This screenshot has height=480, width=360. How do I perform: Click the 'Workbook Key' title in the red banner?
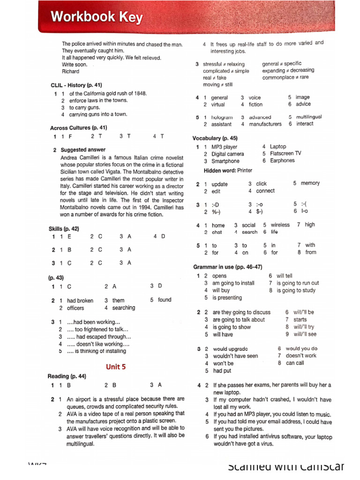pyautogui.click(x=97, y=17)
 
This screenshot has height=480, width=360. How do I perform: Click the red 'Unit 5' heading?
pyautogui.click(x=115, y=367)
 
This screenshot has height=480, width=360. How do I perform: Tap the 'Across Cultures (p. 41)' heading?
pyautogui.click(x=78, y=127)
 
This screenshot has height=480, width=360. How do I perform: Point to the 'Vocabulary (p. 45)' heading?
pyautogui.click(x=215, y=138)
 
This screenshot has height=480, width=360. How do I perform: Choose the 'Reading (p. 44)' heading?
pyautogui.click(x=67, y=376)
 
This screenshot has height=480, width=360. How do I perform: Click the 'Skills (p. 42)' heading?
pyautogui.click(x=64, y=229)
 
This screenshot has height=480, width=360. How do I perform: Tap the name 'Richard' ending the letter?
pyautogui.click(x=71, y=72)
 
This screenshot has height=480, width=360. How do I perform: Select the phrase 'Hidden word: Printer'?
pyautogui.click(x=228, y=171)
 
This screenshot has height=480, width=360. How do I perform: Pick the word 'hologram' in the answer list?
pyautogui.click(x=222, y=117)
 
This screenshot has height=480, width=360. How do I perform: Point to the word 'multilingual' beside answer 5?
pyautogui.click(x=309, y=117)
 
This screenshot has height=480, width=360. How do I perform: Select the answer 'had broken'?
pyautogui.click(x=80, y=300)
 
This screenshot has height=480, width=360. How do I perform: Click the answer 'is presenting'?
pyautogui.click(x=227, y=298)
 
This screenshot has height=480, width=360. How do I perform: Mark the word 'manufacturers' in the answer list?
pyautogui.click(x=265, y=124)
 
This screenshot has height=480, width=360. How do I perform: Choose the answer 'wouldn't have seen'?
pyautogui.click(x=235, y=356)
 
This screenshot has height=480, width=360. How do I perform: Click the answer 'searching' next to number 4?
pyautogui.click(x=124, y=308)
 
